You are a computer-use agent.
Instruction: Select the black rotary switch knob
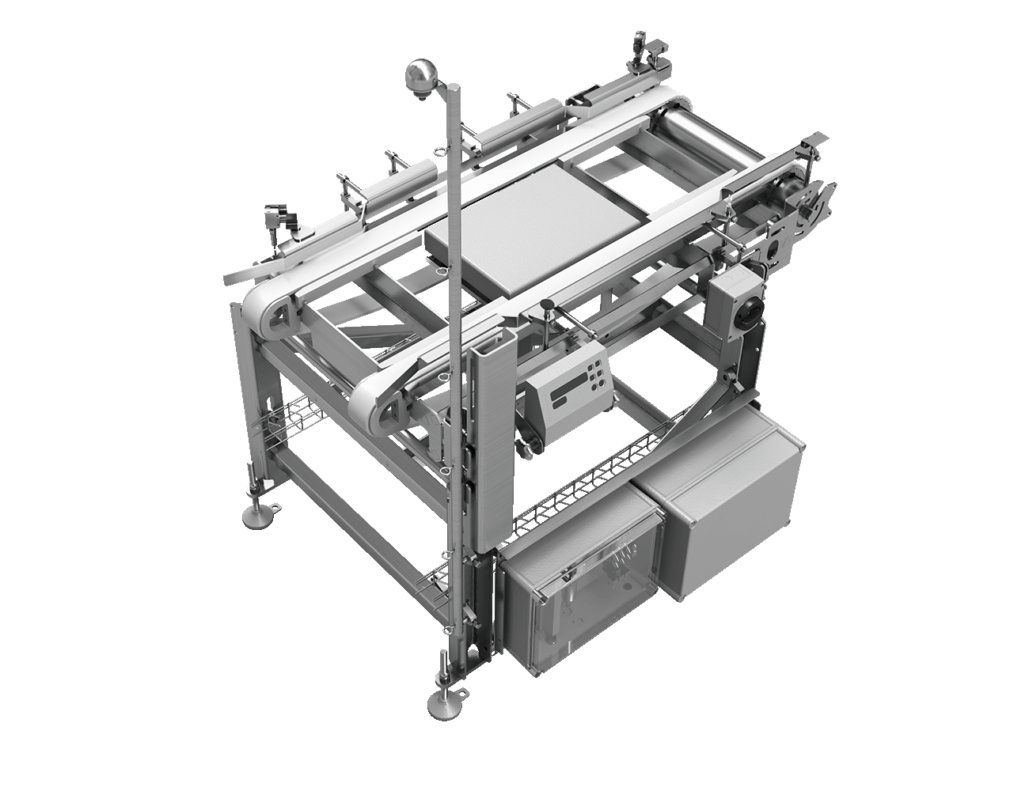point(746,316)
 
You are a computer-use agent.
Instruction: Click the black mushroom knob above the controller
point(545,305)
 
